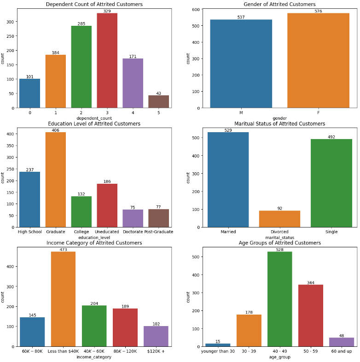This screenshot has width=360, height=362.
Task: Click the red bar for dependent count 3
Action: [107, 60]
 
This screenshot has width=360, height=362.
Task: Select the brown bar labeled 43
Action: [158, 102]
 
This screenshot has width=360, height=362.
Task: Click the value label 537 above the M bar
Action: [241, 17]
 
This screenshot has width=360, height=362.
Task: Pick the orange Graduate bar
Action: [55, 180]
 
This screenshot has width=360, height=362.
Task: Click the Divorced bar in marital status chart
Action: [279, 219]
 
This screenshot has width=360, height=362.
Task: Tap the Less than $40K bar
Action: [63, 299]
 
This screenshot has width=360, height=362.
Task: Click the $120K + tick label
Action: [156, 351]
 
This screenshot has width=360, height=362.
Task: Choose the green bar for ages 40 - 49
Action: [279, 299]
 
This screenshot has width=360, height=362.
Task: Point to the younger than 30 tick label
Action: [218, 351]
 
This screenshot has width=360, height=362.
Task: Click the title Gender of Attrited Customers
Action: [279, 4]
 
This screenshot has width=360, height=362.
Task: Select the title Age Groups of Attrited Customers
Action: [279, 243]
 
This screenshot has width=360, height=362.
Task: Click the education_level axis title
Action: [94, 238]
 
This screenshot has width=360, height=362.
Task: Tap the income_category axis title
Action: [94, 357]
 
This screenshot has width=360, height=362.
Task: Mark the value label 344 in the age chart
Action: [310, 282]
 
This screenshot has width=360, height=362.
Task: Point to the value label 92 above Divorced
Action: [279, 208]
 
